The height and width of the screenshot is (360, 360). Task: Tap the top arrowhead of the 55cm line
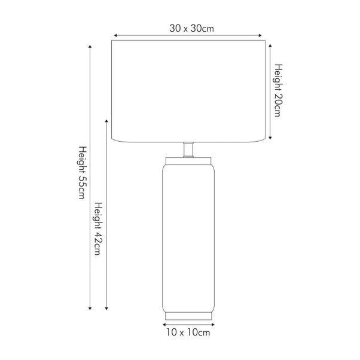coord(90,46)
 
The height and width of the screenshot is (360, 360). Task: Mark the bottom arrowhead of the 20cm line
coord(270,138)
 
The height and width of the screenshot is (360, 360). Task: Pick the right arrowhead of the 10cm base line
coord(213,322)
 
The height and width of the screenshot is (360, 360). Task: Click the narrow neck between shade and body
coord(188,149)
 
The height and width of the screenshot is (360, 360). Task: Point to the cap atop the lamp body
coord(188,160)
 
